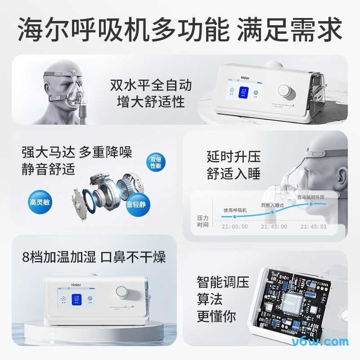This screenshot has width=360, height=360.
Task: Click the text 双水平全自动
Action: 151,85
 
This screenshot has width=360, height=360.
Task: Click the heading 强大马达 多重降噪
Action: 77,152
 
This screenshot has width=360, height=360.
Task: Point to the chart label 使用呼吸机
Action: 235,210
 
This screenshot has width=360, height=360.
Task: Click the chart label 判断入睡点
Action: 272,205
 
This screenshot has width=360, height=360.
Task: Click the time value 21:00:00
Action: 235,227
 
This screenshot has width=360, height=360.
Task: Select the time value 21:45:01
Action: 314,227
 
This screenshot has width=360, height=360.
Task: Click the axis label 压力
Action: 203,218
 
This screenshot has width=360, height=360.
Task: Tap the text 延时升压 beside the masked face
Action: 234,157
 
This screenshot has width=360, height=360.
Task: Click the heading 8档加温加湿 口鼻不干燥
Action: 94,257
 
